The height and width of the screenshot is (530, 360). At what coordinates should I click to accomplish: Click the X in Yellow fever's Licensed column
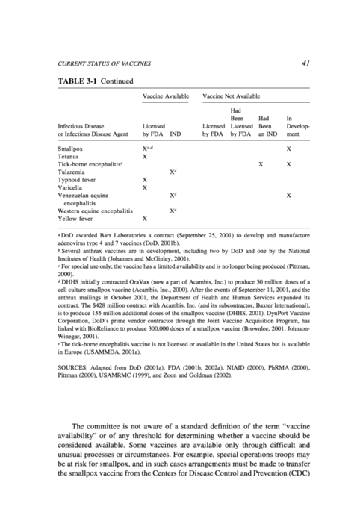145,219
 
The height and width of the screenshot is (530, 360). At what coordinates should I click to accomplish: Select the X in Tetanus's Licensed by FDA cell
145,157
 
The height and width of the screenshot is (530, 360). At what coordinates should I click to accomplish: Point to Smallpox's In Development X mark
288,149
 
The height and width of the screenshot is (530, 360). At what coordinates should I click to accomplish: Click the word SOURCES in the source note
73,368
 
